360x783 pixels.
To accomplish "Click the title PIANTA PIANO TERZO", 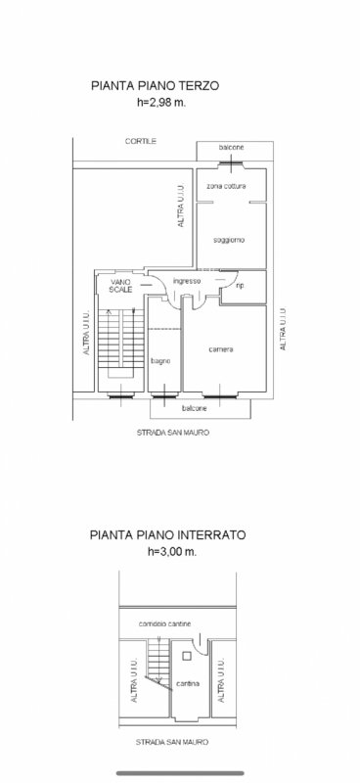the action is (x=155, y=85).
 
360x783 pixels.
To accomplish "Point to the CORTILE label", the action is (x=141, y=141).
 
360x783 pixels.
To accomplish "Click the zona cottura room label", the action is (x=226, y=186).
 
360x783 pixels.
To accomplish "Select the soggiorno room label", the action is (x=229, y=240).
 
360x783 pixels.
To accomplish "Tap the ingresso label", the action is (x=187, y=281).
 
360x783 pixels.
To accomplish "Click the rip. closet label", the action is (x=241, y=286).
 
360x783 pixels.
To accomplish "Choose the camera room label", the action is (x=221, y=349).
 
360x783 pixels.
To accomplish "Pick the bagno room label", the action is (x=161, y=361).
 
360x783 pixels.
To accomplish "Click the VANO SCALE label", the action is (x=121, y=286).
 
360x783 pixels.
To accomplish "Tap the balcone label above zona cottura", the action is (x=232, y=148).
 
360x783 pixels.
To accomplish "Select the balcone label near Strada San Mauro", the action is (x=195, y=408).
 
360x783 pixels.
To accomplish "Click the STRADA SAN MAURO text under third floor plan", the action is (x=173, y=433).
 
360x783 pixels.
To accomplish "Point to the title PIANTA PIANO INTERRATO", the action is (x=167, y=534).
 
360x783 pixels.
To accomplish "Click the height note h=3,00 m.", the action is (x=172, y=552).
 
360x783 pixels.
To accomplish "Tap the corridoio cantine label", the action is (x=164, y=623).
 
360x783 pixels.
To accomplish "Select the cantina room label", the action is (x=188, y=683).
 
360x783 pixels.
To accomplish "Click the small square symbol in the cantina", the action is (x=187, y=657).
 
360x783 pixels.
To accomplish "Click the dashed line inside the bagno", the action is (x=164, y=329).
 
